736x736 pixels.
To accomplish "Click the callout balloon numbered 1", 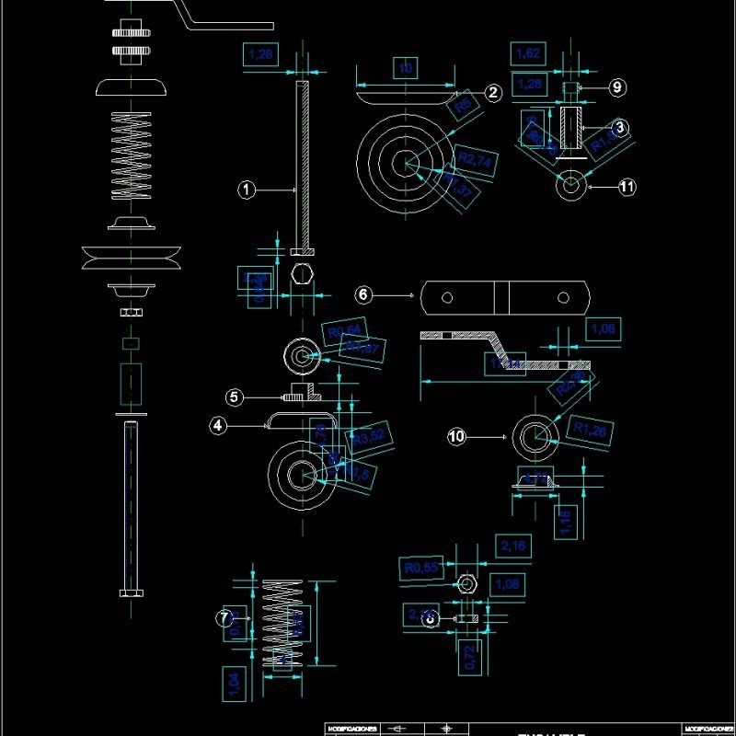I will coord(246,190).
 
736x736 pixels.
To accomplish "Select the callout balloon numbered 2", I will coord(493,92).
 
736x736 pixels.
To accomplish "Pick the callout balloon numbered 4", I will coord(218,426).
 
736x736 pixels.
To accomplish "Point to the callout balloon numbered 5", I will coord(236,397).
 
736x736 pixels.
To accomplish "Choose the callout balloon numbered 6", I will coord(363,294).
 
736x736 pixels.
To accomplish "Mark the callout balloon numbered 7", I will coord(224,618).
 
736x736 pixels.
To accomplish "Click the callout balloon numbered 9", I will coord(616,87).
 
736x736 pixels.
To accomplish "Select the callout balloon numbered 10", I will coord(457,437).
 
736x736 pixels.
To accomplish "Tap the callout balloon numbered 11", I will coord(627,187).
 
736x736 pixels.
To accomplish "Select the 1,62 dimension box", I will coord(528,53).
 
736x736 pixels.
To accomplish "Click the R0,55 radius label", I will coord(422,569).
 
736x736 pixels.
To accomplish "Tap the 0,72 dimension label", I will coord(469,657).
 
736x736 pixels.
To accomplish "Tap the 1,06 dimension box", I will coord(604,329).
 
